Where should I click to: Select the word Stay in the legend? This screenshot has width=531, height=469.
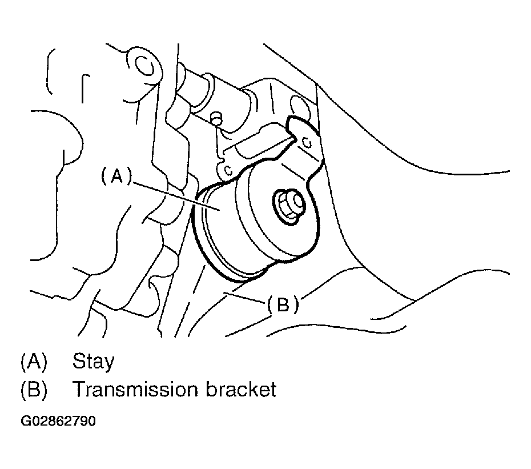(x=93, y=361)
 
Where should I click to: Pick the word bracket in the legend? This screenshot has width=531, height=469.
(x=240, y=390)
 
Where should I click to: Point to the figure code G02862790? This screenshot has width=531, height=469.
(x=58, y=422)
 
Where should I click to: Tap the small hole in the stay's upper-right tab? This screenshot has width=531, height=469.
(x=307, y=141)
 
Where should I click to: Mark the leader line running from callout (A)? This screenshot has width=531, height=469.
(x=171, y=194)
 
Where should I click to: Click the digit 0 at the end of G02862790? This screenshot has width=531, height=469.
(x=91, y=422)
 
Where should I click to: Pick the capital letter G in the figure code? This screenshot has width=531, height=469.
(x=25, y=422)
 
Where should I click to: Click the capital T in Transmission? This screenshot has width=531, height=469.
(x=78, y=390)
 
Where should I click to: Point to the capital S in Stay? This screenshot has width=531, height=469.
(x=78, y=361)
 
